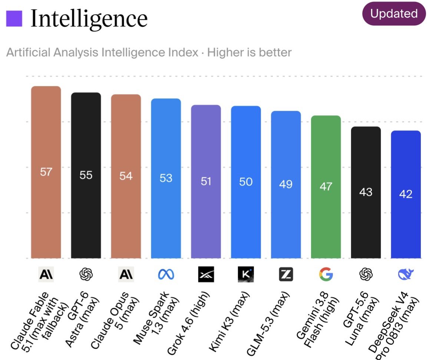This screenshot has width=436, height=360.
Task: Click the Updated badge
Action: [394, 14]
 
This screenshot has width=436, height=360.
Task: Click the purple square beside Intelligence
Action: [14, 19]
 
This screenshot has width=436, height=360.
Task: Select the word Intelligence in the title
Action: [89, 19]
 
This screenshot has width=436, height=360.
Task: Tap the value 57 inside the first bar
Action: [46, 172]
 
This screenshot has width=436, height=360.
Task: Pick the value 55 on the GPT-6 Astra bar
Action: [86, 175]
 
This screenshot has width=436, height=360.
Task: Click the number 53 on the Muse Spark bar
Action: [166, 178]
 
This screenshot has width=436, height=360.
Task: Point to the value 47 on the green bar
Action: [326, 186]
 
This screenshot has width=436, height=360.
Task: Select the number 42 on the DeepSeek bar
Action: [406, 194]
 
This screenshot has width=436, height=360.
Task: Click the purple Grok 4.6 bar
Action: [206, 182]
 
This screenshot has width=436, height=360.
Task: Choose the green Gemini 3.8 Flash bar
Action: [326, 187]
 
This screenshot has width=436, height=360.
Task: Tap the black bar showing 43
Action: [366, 192]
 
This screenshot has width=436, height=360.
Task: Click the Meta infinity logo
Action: [166, 274]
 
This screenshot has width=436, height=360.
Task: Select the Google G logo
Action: [326, 274]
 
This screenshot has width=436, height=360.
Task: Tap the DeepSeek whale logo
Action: [406, 274]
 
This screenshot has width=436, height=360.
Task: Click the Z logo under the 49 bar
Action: [286, 274]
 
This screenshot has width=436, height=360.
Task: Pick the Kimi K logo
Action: [246, 274]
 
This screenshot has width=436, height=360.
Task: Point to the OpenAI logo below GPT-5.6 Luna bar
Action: [366, 274]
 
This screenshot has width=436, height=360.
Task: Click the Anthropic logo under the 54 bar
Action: [126, 274]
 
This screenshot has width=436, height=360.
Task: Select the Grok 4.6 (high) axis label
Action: [188, 323]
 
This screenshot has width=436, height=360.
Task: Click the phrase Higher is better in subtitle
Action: [250, 52]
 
